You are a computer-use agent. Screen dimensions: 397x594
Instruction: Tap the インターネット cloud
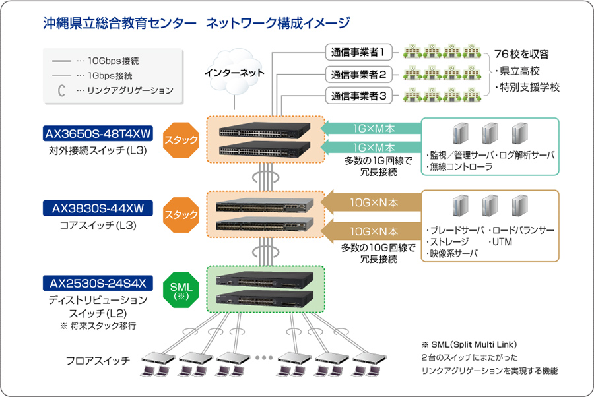[234, 73]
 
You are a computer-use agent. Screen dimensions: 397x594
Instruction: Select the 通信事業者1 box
[359, 51]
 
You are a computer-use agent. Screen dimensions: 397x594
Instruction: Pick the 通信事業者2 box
[359, 74]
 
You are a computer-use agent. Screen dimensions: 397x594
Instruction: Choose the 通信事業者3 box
[359, 96]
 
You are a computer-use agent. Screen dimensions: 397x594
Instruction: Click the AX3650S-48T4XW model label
[98, 135]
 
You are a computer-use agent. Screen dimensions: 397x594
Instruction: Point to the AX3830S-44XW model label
[98, 208]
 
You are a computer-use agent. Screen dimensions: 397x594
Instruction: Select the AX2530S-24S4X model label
[98, 284]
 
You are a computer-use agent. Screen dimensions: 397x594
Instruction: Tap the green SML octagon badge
[181, 290]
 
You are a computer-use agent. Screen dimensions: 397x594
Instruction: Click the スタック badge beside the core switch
[181, 214]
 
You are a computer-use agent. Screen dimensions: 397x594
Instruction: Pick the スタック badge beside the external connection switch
[181, 140]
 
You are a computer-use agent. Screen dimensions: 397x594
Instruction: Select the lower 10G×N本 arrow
[373, 231]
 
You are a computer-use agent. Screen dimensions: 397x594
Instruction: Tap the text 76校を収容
[521, 55]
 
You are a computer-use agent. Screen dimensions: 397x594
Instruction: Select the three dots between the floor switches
[263, 357]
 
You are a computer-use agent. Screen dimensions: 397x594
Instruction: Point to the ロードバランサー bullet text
[521, 231]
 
